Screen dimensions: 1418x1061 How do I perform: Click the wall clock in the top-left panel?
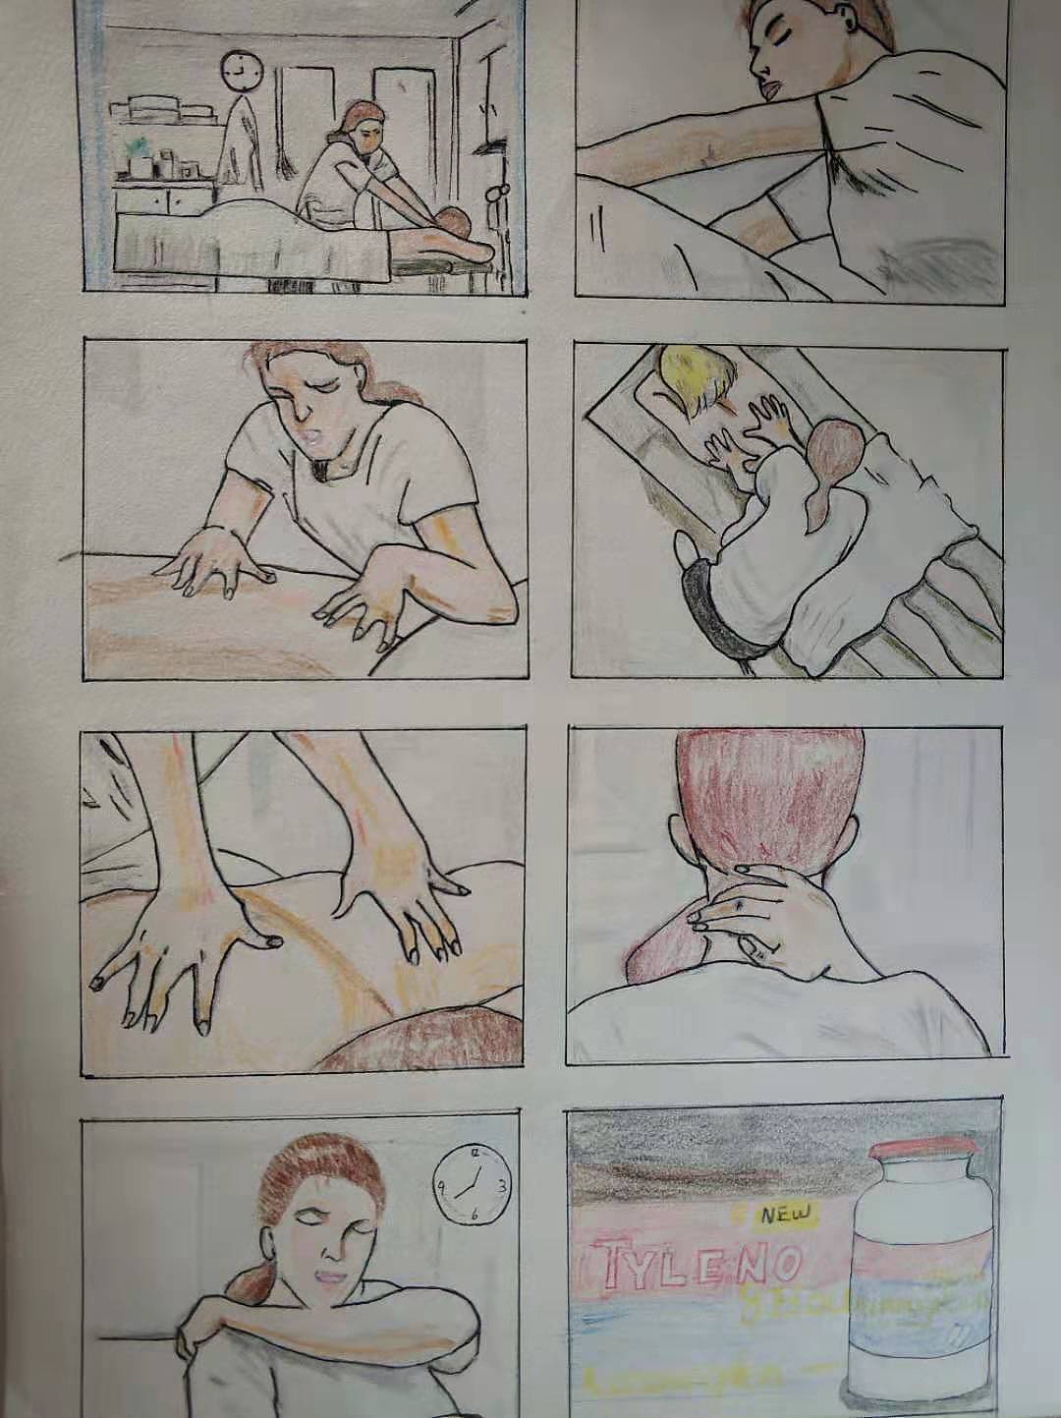(238, 68)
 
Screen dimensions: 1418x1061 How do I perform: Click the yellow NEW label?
(787, 1215)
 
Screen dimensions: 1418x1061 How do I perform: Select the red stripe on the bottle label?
(916, 1243)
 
